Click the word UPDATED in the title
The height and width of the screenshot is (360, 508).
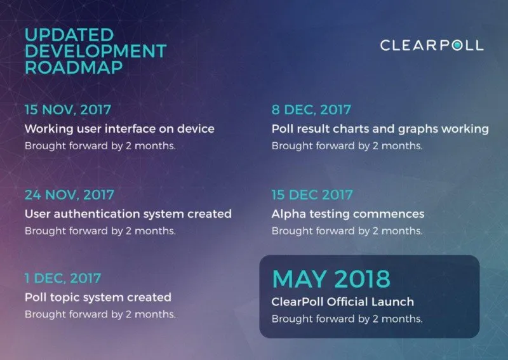point(69,35)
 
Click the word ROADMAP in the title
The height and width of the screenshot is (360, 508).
point(74,67)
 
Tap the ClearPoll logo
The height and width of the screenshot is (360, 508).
point(432,45)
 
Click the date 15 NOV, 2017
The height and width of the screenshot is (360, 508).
point(68,110)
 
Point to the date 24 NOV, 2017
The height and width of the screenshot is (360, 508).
point(70,195)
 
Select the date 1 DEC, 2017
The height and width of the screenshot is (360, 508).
point(63,278)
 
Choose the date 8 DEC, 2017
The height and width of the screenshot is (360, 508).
point(311,110)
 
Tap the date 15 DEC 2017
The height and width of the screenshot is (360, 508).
point(312,195)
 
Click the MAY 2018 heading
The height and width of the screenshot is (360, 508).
point(331,279)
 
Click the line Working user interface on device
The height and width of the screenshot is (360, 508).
point(119,129)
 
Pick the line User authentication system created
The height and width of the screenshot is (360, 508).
point(128,214)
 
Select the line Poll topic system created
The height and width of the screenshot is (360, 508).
point(98,298)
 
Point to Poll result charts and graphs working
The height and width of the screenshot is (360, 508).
point(380,129)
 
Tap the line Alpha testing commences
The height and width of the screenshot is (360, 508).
point(348,214)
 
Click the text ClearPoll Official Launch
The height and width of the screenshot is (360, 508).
point(343,302)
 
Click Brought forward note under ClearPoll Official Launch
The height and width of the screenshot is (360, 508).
point(347,319)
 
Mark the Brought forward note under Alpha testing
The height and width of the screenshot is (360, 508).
point(347,230)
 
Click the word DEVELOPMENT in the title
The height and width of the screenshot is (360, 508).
point(96,51)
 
